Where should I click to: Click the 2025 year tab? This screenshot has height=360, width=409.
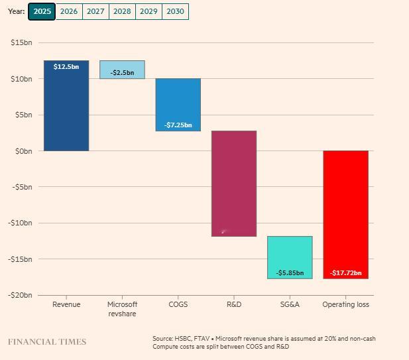(42, 11)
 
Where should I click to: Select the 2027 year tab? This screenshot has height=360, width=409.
(95, 11)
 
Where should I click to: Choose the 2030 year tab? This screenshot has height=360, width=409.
(175, 11)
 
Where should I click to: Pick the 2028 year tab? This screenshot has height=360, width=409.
(122, 11)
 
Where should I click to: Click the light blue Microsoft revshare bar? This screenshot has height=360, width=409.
(122, 70)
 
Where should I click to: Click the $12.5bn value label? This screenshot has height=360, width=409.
(66, 67)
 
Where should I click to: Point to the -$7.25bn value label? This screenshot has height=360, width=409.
(178, 125)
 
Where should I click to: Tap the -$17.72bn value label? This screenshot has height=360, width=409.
(345, 272)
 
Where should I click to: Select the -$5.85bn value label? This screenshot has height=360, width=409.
(290, 272)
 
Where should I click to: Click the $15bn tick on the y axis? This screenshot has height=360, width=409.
(21, 42)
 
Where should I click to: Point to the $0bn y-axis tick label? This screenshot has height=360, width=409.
(23, 151)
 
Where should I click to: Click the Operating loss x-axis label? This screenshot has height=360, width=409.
(345, 304)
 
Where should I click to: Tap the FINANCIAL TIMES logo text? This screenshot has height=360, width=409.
(47, 342)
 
